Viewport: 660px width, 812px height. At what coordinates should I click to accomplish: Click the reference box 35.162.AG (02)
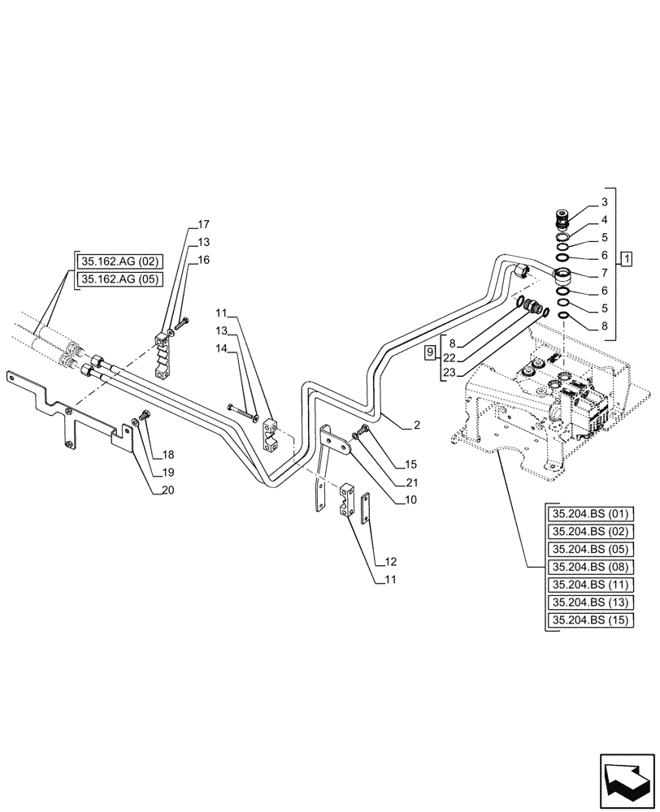[x=119, y=261]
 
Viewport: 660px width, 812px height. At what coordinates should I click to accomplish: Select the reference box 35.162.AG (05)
[x=119, y=279]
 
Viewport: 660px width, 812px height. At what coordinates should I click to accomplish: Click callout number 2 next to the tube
[x=416, y=425]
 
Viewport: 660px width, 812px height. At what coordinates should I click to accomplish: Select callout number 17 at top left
[x=202, y=225]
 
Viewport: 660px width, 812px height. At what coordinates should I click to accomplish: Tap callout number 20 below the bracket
[x=167, y=490]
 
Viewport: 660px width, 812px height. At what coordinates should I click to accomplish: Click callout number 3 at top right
[x=605, y=201]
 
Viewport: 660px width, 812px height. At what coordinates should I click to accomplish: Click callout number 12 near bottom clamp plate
[x=391, y=561]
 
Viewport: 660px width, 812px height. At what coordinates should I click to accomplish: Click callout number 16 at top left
[x=202, y=260]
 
